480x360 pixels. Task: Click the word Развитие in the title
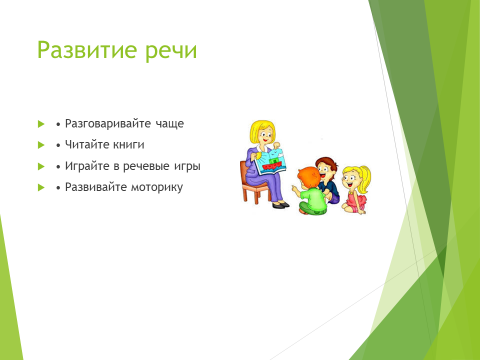click(87, 50)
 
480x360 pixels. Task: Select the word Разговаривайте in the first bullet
click(108, 124)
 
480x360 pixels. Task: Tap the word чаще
click(170, 125)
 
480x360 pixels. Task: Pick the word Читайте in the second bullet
click(87, 144)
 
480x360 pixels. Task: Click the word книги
click(129, 145)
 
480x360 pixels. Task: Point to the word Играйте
click(87, 166)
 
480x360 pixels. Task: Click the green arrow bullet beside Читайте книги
click(41, 145)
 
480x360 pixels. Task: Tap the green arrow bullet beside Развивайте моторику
click(41, 187)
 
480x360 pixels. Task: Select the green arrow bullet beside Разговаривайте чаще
click(41, 124)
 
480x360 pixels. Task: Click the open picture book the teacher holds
click(271, 162)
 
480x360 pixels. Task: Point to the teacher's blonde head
click(263, 133)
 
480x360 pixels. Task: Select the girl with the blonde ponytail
click(356, 189)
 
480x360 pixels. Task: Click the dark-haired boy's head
click(326, 169)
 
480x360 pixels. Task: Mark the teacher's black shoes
click(280, 205)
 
